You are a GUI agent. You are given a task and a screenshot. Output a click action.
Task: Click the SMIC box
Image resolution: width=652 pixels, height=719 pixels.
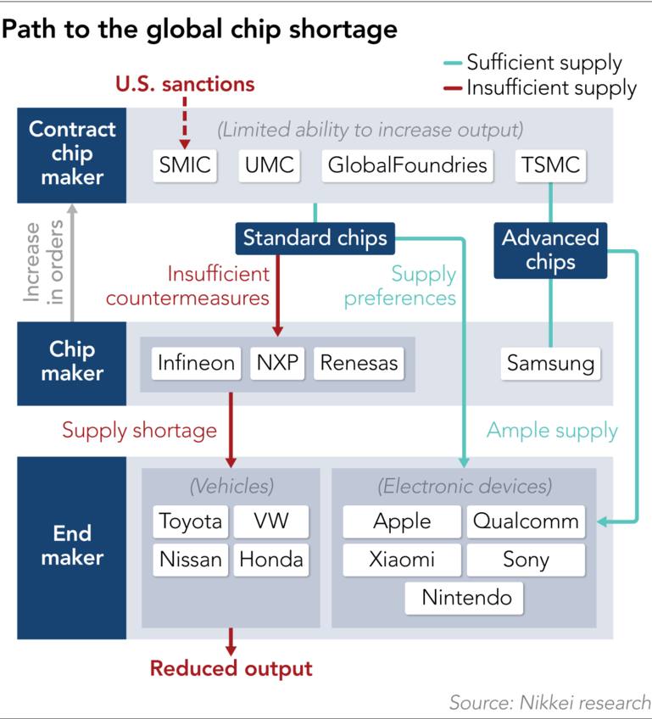pyautogui.click(x=185, y=165)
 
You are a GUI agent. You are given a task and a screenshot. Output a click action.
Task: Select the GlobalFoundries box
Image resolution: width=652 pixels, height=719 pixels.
pyautogui.click(x=407, y=165)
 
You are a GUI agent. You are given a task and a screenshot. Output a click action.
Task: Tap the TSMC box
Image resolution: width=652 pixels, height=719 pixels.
pyautogui.click(x=550, y=165)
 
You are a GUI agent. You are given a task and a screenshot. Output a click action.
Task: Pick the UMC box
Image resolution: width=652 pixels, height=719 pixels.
pyautogui.click(x=269, y=165)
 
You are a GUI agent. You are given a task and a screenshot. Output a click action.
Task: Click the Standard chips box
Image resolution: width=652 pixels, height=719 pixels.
pyautogui.click(x=315, y=238)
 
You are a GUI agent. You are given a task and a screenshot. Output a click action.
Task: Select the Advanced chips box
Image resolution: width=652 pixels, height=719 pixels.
pyautogui.click(x=550, y=250)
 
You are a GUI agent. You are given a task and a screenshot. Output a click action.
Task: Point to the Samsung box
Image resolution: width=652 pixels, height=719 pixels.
pyautogui.click(x=550, y=364)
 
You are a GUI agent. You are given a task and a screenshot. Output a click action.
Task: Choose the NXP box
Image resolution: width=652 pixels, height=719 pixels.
pyautogui.click(x=277, y=364)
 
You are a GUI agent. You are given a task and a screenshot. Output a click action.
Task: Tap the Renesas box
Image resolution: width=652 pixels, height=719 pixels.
pyautogui.click(x=359, y=364)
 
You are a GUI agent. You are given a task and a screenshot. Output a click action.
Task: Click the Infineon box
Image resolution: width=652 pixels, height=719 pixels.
pyautogui.click(x=196, y=364)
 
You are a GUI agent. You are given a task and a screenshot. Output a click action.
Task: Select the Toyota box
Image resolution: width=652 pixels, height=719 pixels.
pyautogui.click(x=191, y=521)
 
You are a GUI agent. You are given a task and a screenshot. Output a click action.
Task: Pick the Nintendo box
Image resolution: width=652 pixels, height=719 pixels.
pyautogui.click(x=464, y=598)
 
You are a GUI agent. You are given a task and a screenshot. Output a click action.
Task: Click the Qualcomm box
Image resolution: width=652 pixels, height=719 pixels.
pyautogui.click(x=526, y=521)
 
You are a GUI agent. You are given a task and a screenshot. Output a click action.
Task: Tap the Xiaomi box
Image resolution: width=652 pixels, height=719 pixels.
pyautogui.click(x=402, y=560)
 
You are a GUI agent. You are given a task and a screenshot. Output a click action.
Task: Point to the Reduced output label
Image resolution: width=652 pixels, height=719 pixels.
pyautogui.click(x=231, y=669)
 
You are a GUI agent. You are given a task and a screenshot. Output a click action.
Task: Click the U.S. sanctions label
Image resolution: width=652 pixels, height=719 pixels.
pyautogui.click(x=185, y=85)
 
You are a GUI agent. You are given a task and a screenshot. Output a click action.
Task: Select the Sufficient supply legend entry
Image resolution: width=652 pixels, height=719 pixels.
pyautogui.click(x=532, y=63)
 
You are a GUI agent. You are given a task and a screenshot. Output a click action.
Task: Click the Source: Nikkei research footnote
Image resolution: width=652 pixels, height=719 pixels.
pyautogui.click(x=550, y=703)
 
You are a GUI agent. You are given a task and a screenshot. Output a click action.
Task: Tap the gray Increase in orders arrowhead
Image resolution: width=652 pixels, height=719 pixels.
pyautogui.click(x=72, y=209)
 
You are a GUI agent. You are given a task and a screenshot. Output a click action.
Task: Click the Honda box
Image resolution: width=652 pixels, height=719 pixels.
pyautogui.click(x=271, y=560)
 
